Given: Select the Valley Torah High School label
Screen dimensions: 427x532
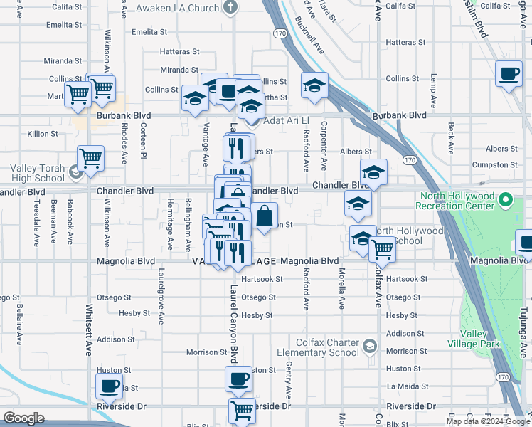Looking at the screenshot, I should (37, 174).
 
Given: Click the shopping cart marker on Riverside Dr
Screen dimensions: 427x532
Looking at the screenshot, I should (242, 410).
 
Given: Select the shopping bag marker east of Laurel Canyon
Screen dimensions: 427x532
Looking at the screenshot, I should (264, 215).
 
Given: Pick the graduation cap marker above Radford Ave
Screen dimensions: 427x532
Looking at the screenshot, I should (314, 86).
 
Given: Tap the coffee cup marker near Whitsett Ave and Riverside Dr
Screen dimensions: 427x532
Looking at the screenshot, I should (109, 386).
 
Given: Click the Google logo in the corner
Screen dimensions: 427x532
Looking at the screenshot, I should (23, 418).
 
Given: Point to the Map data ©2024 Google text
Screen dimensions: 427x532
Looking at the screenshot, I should (488, 421).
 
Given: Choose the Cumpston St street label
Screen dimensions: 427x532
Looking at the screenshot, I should (498, 164).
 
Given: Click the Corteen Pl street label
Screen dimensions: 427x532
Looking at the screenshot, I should (143, 141).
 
